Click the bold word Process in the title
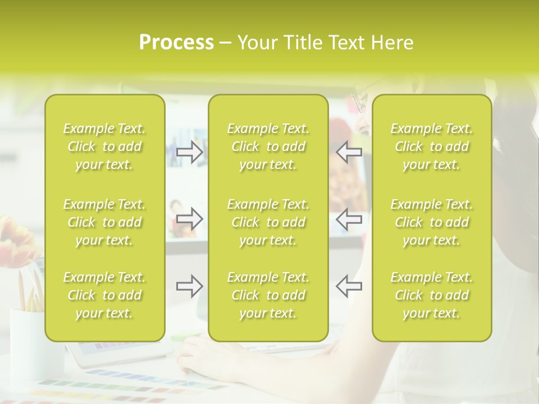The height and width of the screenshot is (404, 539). [176, 43]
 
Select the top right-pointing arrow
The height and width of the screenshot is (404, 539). [190, 151]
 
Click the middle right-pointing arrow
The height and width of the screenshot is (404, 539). [190, 219]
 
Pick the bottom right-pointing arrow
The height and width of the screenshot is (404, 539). [190, 286]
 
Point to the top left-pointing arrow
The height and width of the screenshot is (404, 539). [349, 151]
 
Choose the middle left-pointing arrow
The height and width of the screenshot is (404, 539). [349, 219]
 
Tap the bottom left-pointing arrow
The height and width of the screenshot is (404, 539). [349, 286]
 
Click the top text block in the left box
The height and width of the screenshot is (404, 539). [104, 146]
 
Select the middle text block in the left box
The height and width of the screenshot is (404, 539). [104, 222]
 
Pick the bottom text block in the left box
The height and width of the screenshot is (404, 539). [104, 295]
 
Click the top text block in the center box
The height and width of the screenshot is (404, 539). [268, 146]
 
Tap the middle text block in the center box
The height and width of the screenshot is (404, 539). [268, 222]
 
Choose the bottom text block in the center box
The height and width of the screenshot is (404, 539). [268, 295]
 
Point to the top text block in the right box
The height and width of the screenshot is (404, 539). [431, 146]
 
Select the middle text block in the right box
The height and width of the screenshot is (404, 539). [431, 222]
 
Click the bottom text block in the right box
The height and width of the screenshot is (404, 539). [431, 295]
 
